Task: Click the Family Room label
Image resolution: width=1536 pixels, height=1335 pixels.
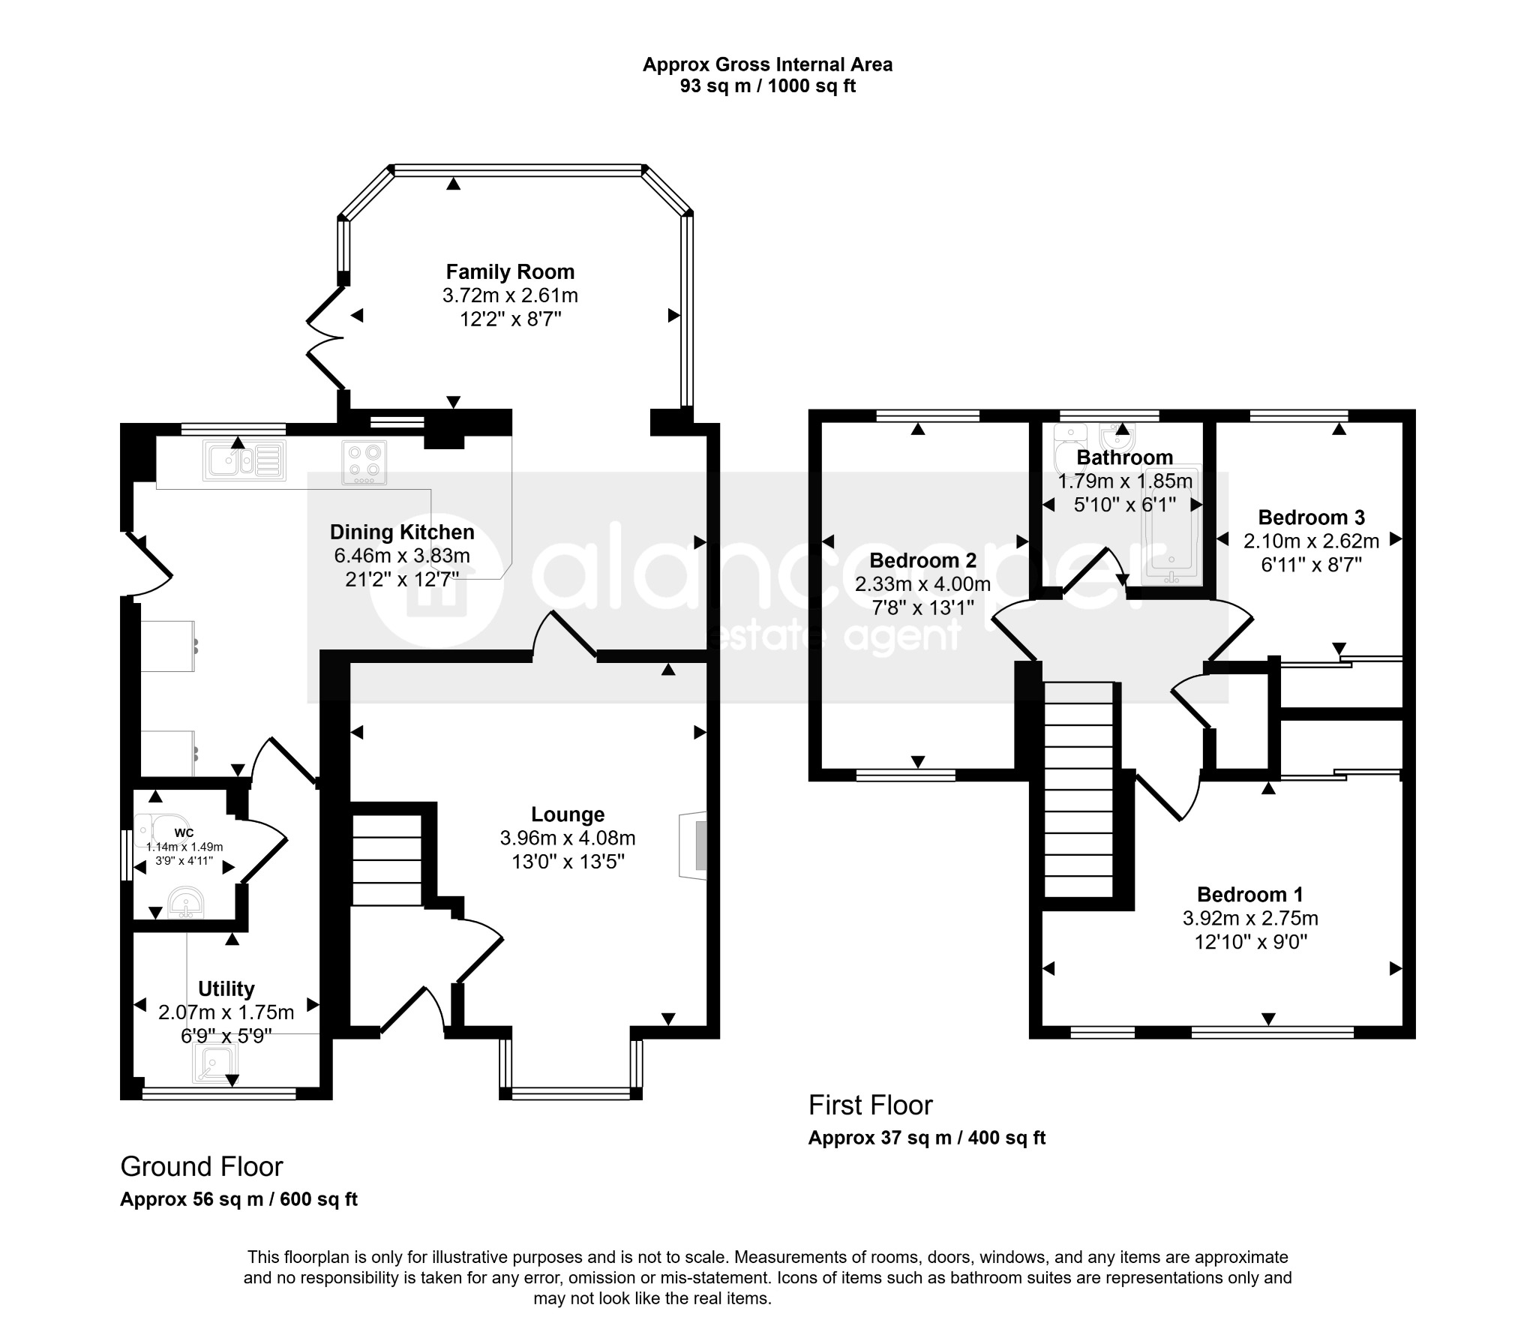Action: tap(510, 271)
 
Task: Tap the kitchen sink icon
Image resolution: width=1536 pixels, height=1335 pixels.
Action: tap(244, 460)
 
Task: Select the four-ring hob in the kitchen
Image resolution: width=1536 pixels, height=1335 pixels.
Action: tap(364, 462)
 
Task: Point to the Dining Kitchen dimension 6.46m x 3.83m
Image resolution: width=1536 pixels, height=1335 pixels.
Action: tap(402, 556)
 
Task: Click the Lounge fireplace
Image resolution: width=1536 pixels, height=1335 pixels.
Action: tap(693, 844)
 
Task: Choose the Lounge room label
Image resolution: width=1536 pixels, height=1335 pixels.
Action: tap(568, 814)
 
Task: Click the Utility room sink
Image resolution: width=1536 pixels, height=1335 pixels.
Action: tap(216, 1064)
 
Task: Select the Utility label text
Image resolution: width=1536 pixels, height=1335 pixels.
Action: tap(226, 988)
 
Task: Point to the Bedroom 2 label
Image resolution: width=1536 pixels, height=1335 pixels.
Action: tap(922, 560)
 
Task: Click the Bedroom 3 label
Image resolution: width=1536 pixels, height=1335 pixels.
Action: tap(1311, 517)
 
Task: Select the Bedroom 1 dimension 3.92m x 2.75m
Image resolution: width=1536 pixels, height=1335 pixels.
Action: tap(1250, 918)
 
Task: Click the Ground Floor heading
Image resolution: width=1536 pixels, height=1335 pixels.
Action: tap(202, 1167)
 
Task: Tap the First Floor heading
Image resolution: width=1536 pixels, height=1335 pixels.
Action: tap(871, 1105)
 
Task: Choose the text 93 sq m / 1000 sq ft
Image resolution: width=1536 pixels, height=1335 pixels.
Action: tap(767, 85)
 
